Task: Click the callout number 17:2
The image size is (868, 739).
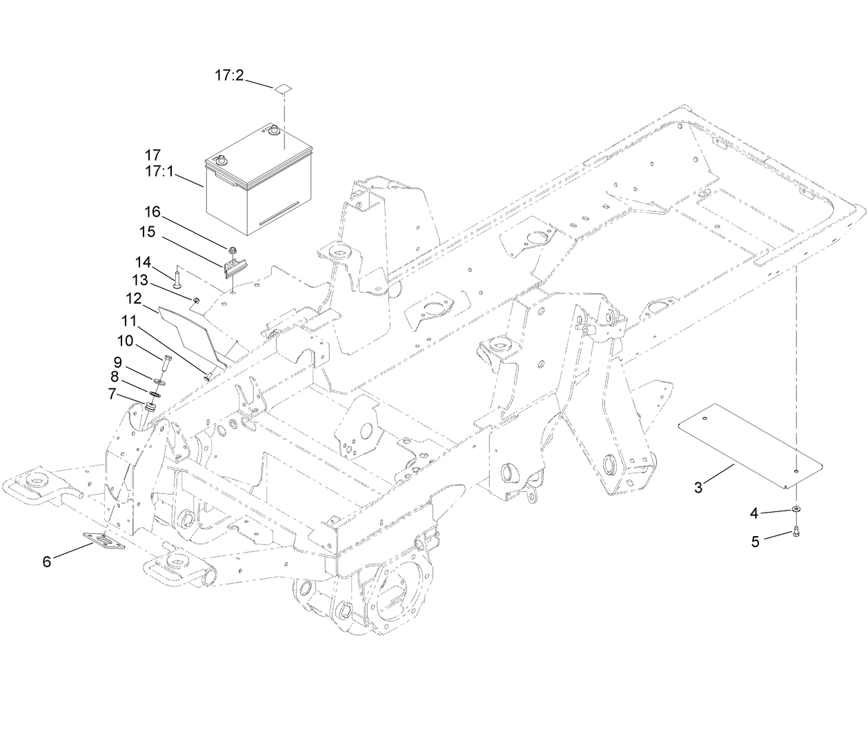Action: pos(228,76)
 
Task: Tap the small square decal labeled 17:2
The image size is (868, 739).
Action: pos(283,88)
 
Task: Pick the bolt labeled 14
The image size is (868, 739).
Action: pos(177,280)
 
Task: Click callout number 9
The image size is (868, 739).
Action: pos(118,362)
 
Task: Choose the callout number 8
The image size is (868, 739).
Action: pos(115,377)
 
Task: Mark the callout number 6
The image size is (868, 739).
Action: pos(47,562)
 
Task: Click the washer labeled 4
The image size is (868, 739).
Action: pos(797,510)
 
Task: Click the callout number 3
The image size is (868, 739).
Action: pos(698,488)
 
